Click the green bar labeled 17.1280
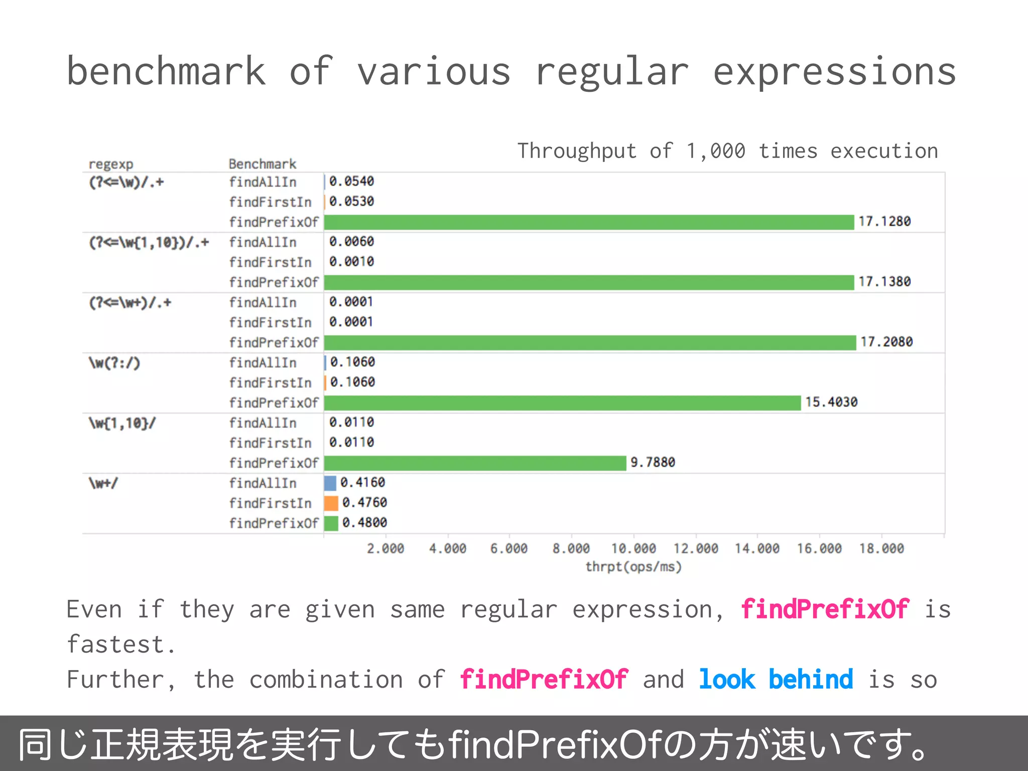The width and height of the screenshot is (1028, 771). click(588, 222)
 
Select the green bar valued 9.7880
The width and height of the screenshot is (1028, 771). click(475, 463)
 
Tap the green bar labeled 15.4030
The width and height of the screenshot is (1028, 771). click(562, 403)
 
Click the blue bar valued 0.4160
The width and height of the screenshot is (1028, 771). click(330, 483)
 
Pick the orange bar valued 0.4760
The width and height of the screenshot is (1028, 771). click(331, 503)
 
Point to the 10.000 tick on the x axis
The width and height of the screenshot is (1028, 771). click(633, 549)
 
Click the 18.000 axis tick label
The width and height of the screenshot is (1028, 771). click(881, 549)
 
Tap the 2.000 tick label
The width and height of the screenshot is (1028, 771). click(385, 549)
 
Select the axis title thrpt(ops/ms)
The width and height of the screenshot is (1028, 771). click(633, 567)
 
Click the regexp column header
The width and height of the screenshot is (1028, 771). click(111, 164)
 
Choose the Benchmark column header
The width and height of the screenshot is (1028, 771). click(262, 164)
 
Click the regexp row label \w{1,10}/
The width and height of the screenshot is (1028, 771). click(122, 423)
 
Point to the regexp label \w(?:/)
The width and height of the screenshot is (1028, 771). click(114, 362)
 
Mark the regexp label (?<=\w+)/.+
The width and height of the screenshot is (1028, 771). click(130, 303)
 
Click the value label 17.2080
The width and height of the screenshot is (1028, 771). click(886, 342)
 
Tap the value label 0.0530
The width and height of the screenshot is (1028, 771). click(351, 202)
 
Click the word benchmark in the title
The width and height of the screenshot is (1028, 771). click(166, 71)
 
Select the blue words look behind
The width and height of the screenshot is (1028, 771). click(776, 680)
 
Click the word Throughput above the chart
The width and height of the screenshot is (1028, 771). click(577, 151)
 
